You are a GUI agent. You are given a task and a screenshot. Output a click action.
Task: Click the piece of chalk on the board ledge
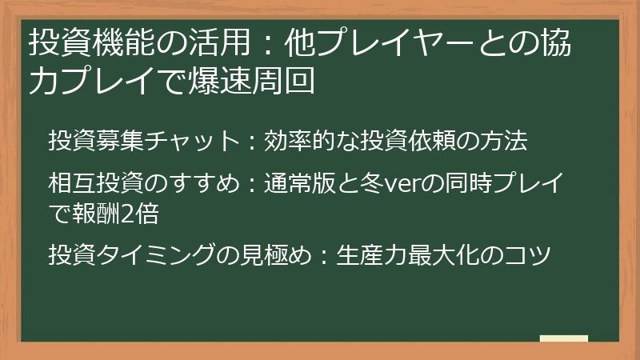click(x=564, y=338)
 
